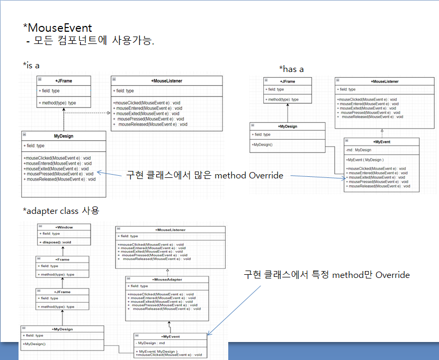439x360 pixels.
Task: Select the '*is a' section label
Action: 31,65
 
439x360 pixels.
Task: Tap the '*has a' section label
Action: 291,69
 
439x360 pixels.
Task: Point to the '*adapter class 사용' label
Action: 61,211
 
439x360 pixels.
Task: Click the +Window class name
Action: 64,227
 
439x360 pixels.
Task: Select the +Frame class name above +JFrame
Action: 63,259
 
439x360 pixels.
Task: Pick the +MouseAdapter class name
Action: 167,279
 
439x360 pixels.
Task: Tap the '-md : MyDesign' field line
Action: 359,150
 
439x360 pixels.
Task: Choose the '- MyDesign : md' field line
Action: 151,343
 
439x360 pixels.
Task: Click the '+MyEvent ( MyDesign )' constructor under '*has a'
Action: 365,159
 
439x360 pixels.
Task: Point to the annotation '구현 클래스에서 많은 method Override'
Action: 204,175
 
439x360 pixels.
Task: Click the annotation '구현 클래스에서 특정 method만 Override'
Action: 326,275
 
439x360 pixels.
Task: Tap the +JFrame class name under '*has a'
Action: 287,82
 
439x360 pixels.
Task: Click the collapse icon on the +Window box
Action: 40,227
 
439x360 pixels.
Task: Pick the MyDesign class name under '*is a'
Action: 64,136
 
